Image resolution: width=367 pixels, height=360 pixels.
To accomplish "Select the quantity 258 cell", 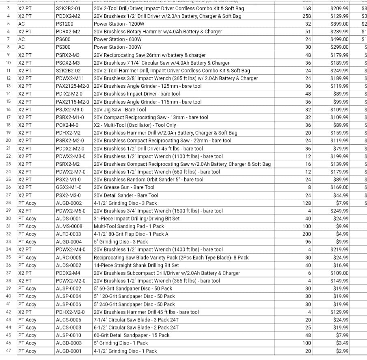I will (x=307, y=16).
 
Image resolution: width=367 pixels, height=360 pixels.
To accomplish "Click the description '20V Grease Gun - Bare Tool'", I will (x=124, y=187).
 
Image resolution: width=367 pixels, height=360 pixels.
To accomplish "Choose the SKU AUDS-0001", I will (x=69, y=219).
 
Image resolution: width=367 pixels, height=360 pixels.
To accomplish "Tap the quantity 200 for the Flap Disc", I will (x=307, y=234).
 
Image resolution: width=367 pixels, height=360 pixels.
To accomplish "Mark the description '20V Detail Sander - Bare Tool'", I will (x=126, y=195).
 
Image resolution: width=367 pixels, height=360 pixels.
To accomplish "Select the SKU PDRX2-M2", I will (x=68, y=32).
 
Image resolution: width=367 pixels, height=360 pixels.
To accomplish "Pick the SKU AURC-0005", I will (x=69, y=258).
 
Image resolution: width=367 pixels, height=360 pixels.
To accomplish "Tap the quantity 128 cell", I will (x=307, y=203).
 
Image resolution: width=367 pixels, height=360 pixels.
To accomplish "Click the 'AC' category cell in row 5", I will (x=22, y=24).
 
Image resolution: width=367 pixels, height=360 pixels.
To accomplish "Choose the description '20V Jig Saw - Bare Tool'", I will (x=120, y=110).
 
